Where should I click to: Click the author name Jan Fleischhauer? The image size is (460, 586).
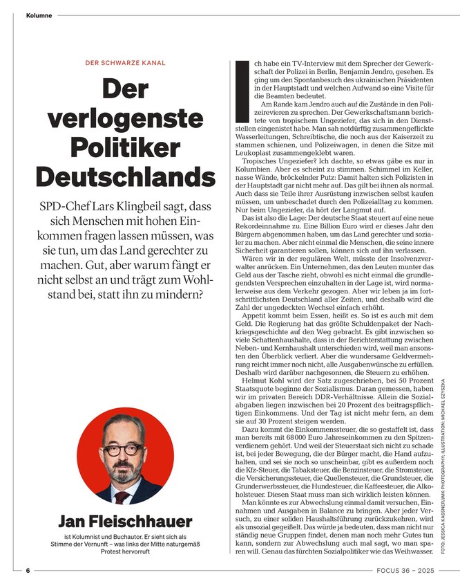click(x=116, y=522)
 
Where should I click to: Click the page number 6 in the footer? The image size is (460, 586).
click(x=28, y=571)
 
